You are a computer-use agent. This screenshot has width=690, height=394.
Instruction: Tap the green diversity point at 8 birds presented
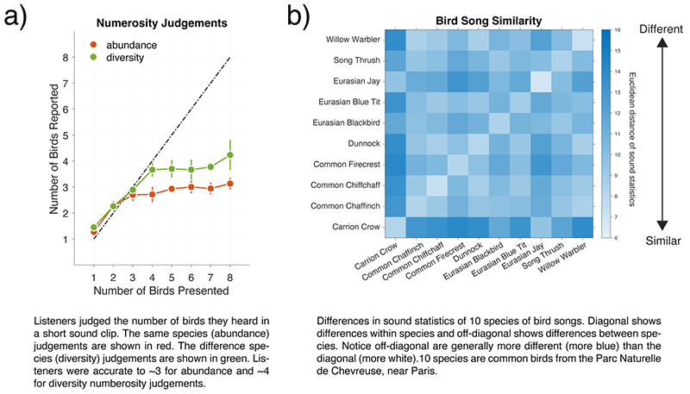coord(229,155)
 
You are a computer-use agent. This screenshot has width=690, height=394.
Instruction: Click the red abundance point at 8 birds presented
coord(229,183)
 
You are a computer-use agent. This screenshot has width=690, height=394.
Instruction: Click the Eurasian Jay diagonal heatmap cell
coord(541,82)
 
